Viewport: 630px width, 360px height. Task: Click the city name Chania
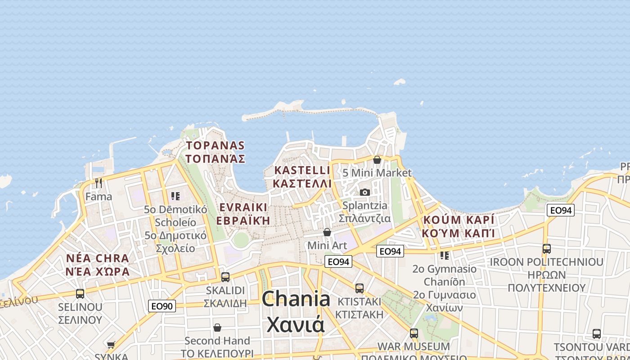coord(296,299)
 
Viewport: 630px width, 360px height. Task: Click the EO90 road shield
coord(162,306)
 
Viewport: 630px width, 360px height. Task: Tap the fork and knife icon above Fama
coord(99,183)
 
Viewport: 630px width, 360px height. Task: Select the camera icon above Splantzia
coord(364,193)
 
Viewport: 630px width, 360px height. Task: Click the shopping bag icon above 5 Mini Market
coord(377,160)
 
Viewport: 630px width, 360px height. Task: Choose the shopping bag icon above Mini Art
coord(327,232)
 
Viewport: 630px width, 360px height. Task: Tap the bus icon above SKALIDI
coord(225,277)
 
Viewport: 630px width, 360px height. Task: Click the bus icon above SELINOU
coord(80,294)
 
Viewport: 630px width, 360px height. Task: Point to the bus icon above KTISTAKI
coord(359,288)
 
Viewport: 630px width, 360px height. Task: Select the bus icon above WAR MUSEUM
coord(414,333)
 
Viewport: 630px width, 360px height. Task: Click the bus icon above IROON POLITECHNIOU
coord(546,248)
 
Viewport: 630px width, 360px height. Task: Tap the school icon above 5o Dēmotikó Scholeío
coord(175,196)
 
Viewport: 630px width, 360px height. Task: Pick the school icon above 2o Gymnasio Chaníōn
coord(444,256)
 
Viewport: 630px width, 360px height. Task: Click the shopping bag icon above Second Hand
coord(217,328)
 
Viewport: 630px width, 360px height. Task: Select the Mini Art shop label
coord(327,246)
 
